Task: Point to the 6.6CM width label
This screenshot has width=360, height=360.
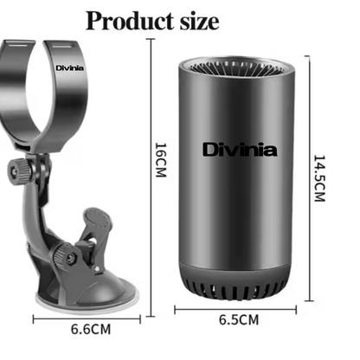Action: click(x=90, y=329)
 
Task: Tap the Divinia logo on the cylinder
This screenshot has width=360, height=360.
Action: click(x=228, y=150)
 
